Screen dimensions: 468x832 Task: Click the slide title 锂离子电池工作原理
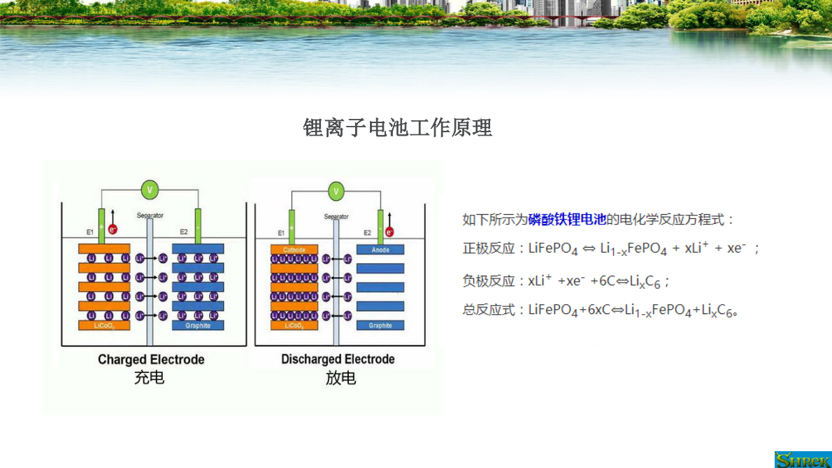pyautogui.click(x=397, y=128)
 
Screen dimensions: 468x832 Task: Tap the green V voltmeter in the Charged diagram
pyautogui.click(x=149, y=190)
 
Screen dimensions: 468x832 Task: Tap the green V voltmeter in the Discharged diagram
pyautogui.click(x=336, y=191)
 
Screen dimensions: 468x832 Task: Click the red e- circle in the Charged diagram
pyautogui.click(x=113, y=229)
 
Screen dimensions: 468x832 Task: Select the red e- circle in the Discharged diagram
pyautogui.click(x=389, y=232)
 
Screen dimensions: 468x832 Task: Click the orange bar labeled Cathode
pyautogui.click(x=294, y=250)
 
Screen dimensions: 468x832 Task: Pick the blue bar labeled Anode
pyautogui.click(x=380, y=250)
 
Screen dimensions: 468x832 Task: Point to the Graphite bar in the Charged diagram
pyautogui.click(x=198, y=325)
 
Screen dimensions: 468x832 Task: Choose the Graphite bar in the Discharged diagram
pyautogui.click(x=380, y=325)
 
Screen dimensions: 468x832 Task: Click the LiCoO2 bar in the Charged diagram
pyautogui.click(x=104, y=325)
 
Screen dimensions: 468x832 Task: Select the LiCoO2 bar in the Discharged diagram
pyautogui.click(x=294, y=325)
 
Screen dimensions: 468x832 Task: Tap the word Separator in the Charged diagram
pyautogui.click(x=150, y=215)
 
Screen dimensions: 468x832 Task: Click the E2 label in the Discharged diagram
pyautogui.click(x=367, y=233)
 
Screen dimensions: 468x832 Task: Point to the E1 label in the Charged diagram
pyautogui.click(x=89, y=232)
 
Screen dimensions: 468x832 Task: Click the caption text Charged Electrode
pyautogui.click(x=151, y=360)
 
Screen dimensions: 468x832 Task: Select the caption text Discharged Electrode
pyautogui.click(x=338, y=360)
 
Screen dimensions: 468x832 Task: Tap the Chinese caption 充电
pyautogui.click(x=149, y=378)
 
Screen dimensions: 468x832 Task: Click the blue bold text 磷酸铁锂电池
pyautogui.click(x=567, y=220)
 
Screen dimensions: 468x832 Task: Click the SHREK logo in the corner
pyautogui.click(x=803, y=459)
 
